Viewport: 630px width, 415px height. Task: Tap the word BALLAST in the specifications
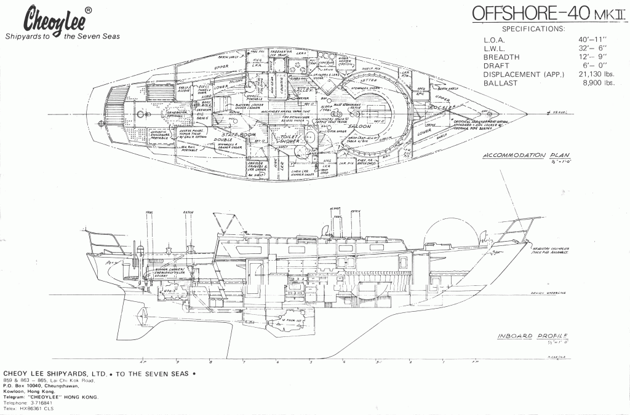pyautogui.click(x=502, y=83)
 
